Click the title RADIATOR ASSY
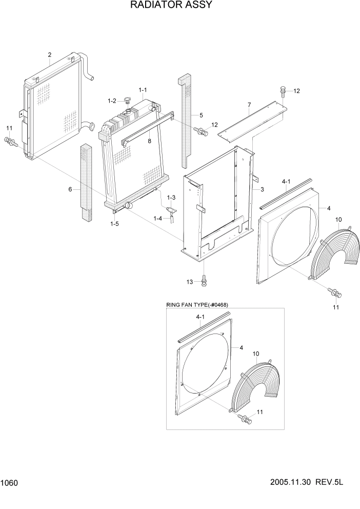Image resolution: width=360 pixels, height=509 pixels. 164,6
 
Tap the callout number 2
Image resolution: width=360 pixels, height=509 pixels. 49,54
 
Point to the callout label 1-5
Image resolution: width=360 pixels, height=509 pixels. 115,223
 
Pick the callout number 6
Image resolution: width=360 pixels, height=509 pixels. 70,189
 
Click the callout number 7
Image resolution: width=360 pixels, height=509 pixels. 249,105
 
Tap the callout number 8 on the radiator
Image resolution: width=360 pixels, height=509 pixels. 149,140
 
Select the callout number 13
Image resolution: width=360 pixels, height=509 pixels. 190,282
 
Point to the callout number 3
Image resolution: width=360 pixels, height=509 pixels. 262,190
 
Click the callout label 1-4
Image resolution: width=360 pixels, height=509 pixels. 157,218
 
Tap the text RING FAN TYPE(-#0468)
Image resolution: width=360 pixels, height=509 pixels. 197,305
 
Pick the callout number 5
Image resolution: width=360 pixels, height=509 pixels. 201,115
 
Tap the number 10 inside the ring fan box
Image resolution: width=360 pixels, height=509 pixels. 256,354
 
